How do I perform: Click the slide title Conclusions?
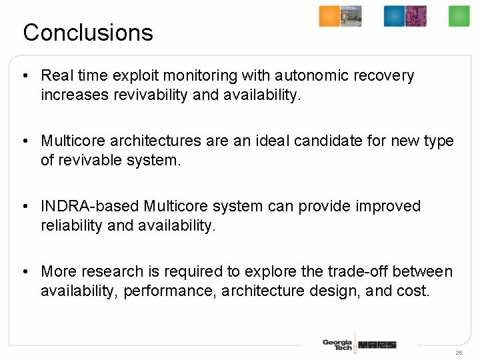coord(88,33)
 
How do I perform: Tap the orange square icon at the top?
coord(329,17)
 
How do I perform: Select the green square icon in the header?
coord(459,17)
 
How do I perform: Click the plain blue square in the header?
coord(394,17)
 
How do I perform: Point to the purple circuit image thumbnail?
coord(416,17)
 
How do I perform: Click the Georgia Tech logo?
coord(337,345)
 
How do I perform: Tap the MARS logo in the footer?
coord(377,345)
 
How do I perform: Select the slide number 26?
coord(459,352)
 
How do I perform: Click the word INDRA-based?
coord(90,207)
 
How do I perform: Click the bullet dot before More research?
coord(25,272)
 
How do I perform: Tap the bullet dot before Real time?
coord(25,76)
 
